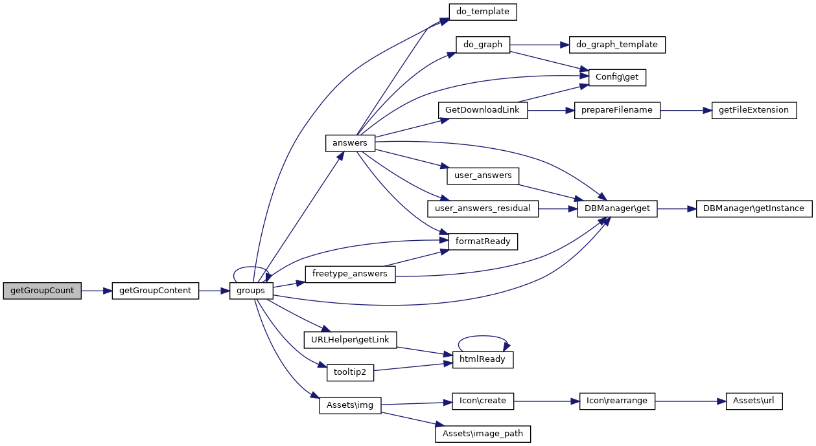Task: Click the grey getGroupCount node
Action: click(x=42, y=291)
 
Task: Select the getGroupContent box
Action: click(x=155, y=291)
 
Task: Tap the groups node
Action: click(x=251, y=291)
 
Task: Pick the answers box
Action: click(x=349, y=143)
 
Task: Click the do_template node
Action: click(x=483, y=12)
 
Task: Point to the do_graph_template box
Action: click(x=617, y=45)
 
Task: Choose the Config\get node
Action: click(x=617, y=78)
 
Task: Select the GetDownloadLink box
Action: click(x=482, y=110)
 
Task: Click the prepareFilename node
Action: click(x=617, y=110)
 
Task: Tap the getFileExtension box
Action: click(x=754, y=110)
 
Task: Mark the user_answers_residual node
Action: click(x=483, y=208)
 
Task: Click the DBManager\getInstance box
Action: click(x=754, y=208)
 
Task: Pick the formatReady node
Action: click(x=483, y=241)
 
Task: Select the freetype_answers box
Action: click(x=349, y=274)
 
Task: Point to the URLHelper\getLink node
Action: click(x=350, y=339)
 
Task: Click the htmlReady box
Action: click(x=483, y=359)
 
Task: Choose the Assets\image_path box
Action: click(x=483, y=434)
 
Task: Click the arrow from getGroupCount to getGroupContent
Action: click(x=97, y=291)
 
